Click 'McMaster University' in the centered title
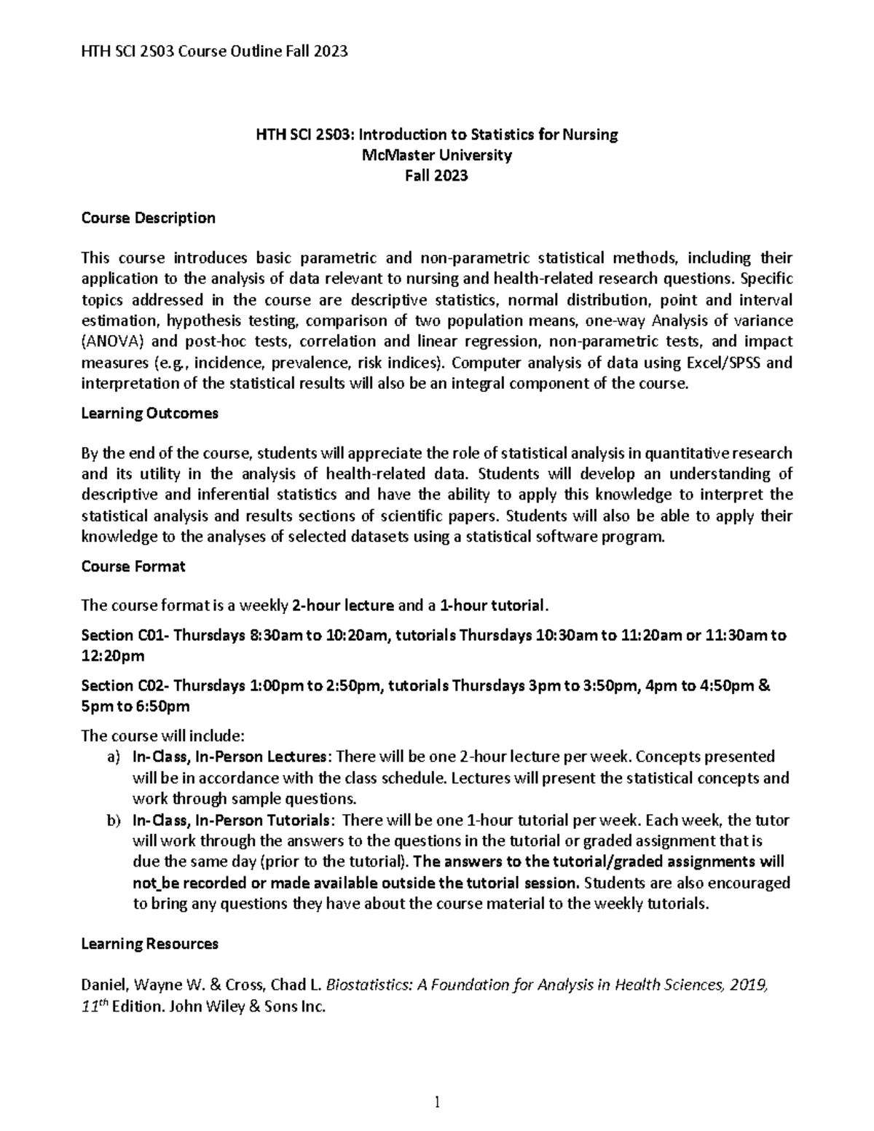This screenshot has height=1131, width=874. [x=436, y=155]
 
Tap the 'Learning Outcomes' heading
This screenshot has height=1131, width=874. [x=149, y=413]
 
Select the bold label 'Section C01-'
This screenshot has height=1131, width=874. [x=125, y=635]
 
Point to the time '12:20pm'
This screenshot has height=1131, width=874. [x=113, y=656]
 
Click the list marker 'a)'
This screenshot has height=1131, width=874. [x=111, y=757]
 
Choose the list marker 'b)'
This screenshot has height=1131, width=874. [x=111, y=820]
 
